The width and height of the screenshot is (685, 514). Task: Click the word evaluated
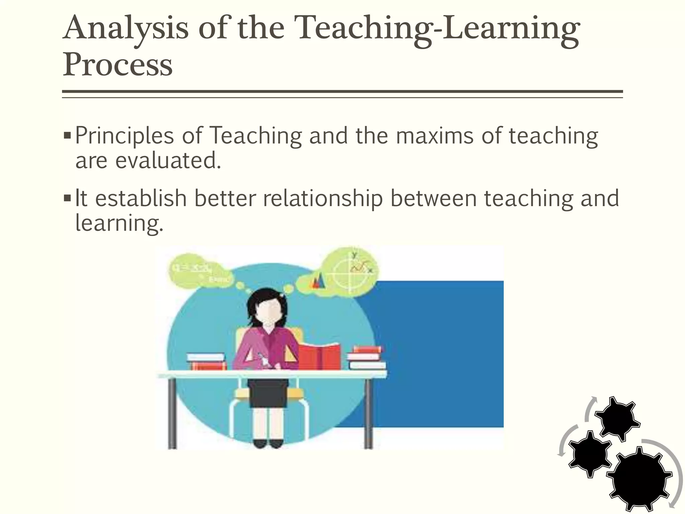tap(168, 161)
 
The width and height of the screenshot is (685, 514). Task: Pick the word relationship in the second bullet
tap(323, 198)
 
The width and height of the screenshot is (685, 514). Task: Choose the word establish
tap(141, 198)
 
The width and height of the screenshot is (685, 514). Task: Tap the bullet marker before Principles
tap(67, 136)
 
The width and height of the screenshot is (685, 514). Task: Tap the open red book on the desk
tap(319, 357)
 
